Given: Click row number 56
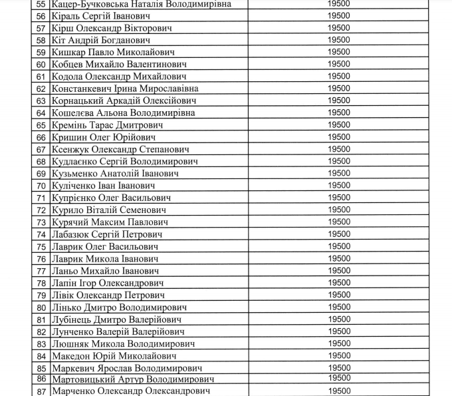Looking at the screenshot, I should [41, 16].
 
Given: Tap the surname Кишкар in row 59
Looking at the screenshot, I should [70, 53].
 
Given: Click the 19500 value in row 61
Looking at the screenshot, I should [339, 76].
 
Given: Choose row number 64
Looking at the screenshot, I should [41, 113].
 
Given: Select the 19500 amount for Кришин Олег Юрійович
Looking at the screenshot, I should [339, 136].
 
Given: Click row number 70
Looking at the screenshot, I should [41, 186].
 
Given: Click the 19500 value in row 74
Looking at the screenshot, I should [339, 234].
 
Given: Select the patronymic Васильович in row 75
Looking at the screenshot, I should [139, 246].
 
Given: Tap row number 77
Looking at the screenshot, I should [41, 271].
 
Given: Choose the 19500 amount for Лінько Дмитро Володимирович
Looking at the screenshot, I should [339, 307].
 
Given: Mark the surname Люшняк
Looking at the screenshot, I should [72, 344].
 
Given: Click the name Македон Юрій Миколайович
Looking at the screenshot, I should [112, 356].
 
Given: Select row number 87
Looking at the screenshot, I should [41, 391].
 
